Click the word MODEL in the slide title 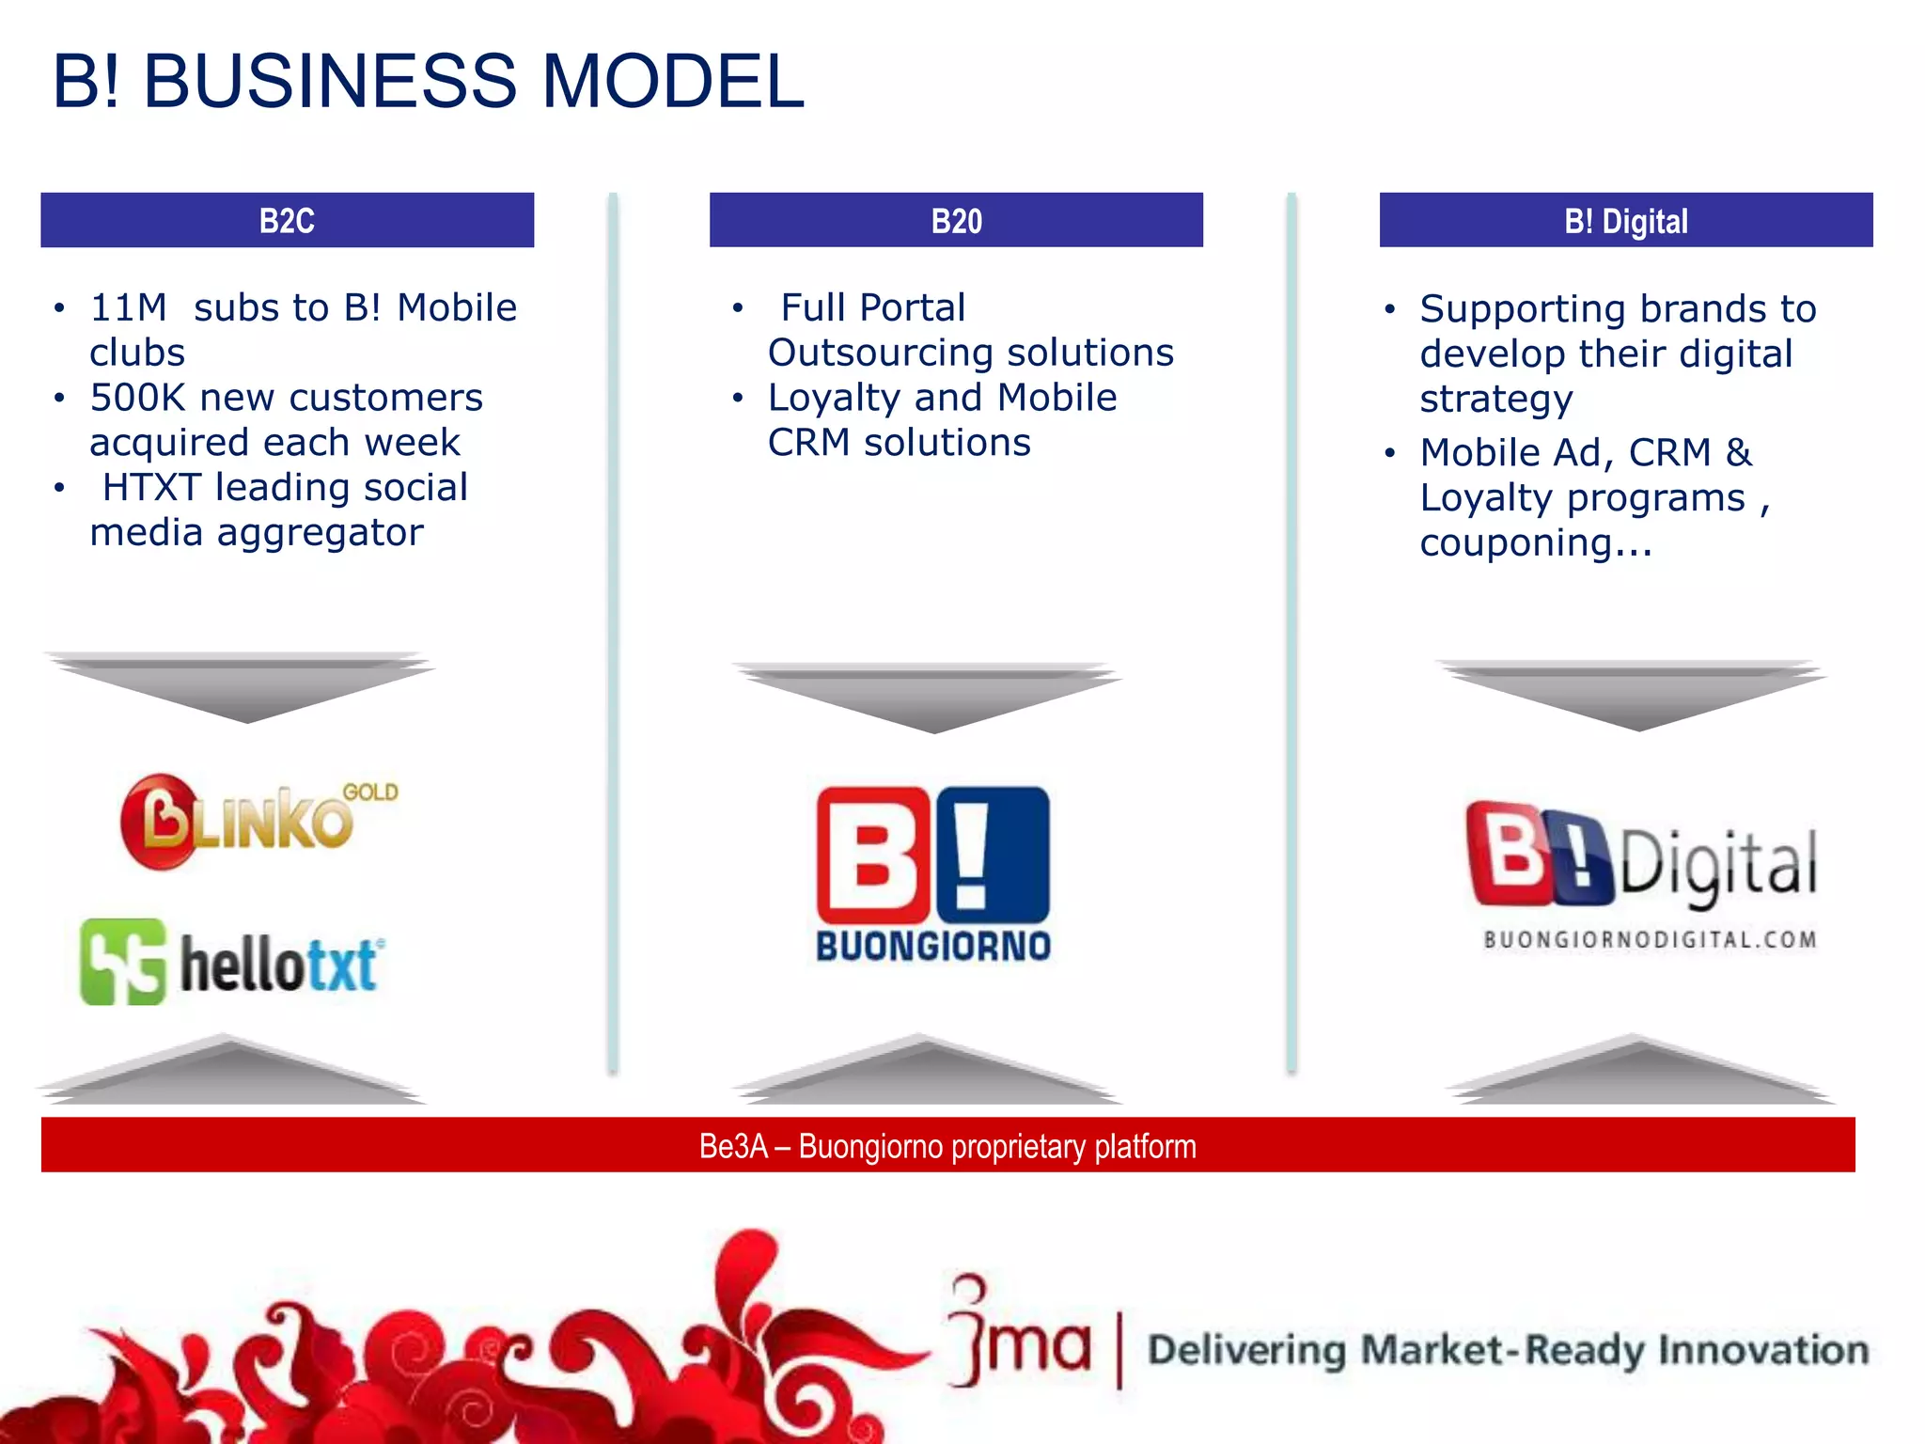(x=672, y=82)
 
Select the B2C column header (x=287, y=221)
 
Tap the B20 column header (x=956, y=221)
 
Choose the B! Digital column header (x=1625, y=221)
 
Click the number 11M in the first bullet (x=128, y=308)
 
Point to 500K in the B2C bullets (x=137, y=399)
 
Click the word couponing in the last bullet (x=1515, y=543)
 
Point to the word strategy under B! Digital (x=1495, y=400)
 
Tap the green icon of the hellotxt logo (x=123, y=963)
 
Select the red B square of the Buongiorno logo (x=872, y=855)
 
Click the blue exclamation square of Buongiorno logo (x=993, y=855)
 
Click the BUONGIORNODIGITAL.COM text (x=1650, y=940)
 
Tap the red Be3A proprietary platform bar (x=947, y=1145)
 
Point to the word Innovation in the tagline (x=1762, y=1350)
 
